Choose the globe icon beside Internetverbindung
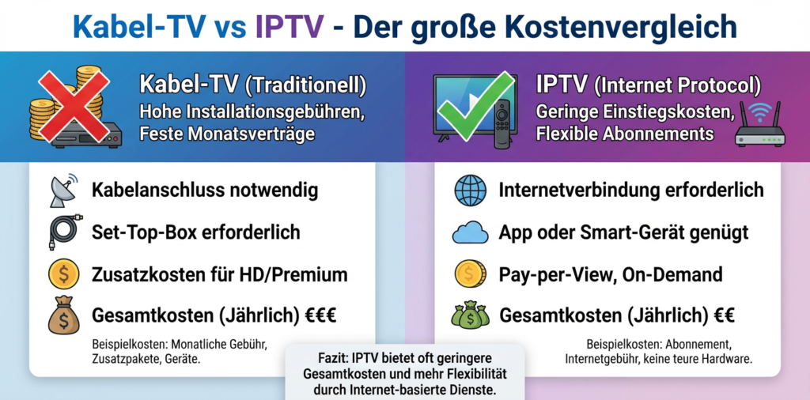click(x=471, y=191)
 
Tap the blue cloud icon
click(x=471, y=233)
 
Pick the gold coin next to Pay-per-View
click(x=471, y=274)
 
